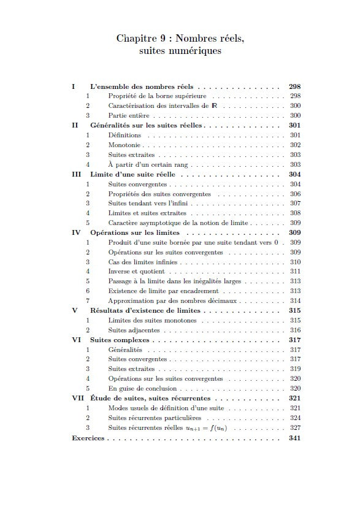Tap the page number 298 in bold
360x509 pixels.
coord(294,86)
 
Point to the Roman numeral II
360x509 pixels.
coord(75,125)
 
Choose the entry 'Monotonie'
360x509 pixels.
coord(124,145)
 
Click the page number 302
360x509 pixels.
coord(295,145)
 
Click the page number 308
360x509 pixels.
coord(295,213)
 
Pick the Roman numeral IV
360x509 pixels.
coord(77,232)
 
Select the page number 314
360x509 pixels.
coord(295,300)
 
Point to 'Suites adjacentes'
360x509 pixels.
coord(134,330)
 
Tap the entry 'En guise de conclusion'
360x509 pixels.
coord(143,388)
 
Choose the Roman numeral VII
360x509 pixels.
coord(78,398)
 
